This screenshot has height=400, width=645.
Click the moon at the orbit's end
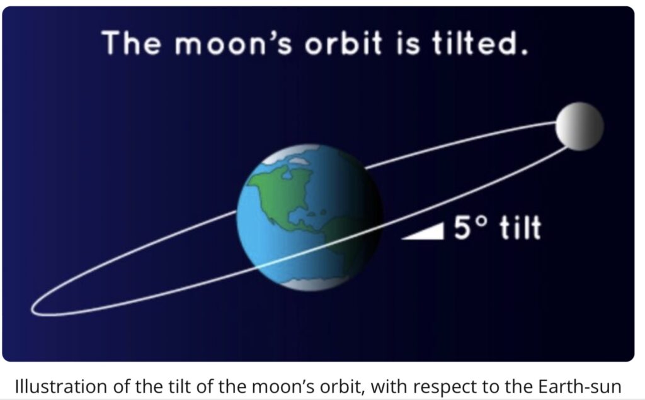click(x=579, y=126)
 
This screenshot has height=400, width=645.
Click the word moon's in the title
click(x=233, y=43)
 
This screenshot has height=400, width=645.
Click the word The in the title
click(x=132, y=43)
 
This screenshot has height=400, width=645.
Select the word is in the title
click(x=408, y=43)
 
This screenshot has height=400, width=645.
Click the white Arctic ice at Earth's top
click(x=292, y=155)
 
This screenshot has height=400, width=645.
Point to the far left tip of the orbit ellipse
click(x=31, y=308)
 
